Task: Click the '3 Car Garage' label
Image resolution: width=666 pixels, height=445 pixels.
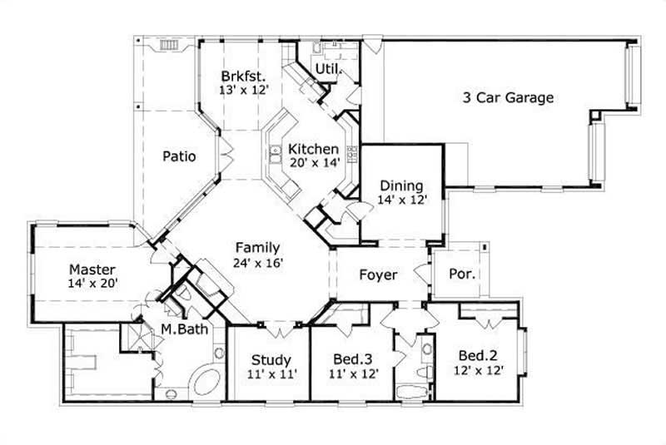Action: (508, 97)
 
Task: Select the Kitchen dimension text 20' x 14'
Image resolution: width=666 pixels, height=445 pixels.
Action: (314, 163)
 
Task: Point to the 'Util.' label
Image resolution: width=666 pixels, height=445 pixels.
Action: (328, 70)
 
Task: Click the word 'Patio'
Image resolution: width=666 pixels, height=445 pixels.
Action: (179, 156)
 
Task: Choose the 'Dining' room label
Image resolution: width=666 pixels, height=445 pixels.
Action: (401, 185)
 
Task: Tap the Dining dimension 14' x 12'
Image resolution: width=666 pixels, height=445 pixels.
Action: (401, 200)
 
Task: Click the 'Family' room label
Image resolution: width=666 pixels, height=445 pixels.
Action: (256, 248)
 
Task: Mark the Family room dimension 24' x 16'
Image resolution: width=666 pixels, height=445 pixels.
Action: (259, 263)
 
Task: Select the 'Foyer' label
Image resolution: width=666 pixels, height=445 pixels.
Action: (378, 274)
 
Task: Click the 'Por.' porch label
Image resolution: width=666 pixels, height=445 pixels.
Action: (462, 274)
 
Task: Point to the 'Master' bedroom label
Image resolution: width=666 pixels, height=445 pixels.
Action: (92, 269)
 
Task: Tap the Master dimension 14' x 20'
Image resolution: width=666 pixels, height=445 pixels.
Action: (92, 284)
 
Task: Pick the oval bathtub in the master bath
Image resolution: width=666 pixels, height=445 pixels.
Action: (202, 383)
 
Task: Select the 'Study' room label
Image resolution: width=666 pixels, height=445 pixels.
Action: (271, 360)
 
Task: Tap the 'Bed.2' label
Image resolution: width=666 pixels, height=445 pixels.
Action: (476, 356)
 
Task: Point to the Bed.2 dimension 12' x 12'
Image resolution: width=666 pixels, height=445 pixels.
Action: (479, 371)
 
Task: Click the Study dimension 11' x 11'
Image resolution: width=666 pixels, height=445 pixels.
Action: (271, 374)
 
